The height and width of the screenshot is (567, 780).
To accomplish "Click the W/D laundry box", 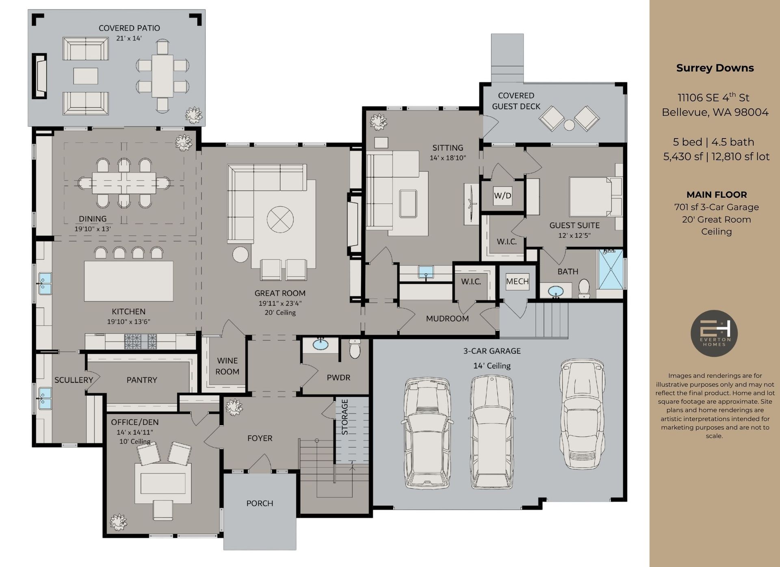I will (x=503, y=195).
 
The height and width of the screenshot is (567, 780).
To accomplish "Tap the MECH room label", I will (x=517, y=281).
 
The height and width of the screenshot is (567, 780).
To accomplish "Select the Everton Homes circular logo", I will (x=714, y=333).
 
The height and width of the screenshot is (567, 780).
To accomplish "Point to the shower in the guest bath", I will (x=610, y=269).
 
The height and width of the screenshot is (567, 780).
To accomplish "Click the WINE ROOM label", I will (x=227, y=366).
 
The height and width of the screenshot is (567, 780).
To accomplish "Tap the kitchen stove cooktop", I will (x=140, y=342).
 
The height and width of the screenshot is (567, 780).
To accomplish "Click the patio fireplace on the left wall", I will (x=40, y=76).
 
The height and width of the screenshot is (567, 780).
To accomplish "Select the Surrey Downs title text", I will (x=715, y=68).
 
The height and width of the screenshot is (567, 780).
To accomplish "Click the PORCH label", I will (x=260, y=503).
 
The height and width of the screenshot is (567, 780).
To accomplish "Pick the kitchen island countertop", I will (x=128, y=281).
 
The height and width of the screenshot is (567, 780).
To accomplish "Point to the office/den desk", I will (x=163, y=483).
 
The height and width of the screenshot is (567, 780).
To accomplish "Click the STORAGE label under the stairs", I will (x=344, y=417).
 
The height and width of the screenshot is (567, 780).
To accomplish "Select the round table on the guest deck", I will (x=569, y=125).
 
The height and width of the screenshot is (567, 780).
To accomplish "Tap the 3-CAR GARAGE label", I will (x=492, y=351).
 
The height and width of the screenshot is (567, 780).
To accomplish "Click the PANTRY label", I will (x=141, y=380).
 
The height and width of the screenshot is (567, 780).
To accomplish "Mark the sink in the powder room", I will (x=321, y=345).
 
